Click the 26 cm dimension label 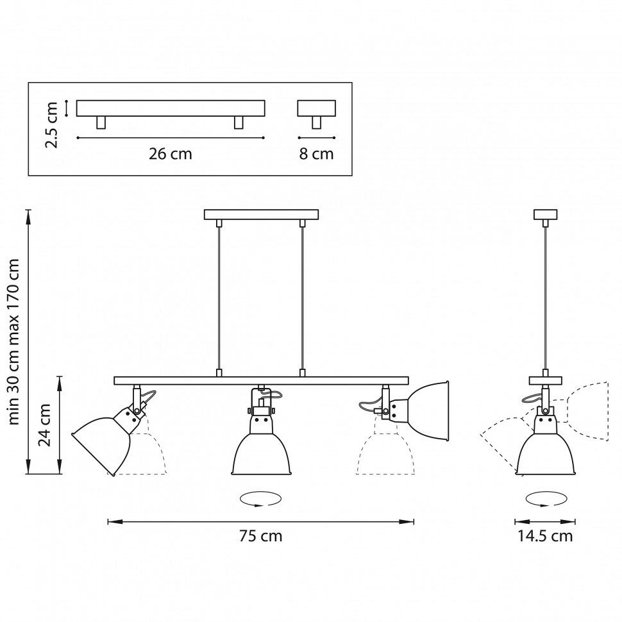coord(170,154)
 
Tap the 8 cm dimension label coord(317,154)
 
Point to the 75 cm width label coord(260,536)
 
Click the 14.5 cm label coord(545,536)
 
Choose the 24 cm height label coord(44,424)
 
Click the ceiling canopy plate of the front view coord(261,214)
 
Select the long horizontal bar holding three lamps coord(261,380)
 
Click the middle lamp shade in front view coord(261,449)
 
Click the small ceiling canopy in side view coord(545,215)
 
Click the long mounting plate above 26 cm coord(171,108)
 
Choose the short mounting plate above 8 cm coord(316,108)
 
